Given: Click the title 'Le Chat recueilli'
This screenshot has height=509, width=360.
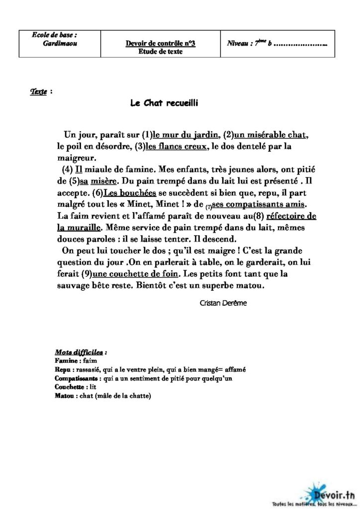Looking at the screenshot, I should pyautogui.click(x=165, y=103).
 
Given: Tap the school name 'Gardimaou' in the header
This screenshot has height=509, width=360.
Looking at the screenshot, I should pyautogui.click(x=60, y=43).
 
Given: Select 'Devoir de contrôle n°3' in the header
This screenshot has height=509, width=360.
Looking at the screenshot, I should pyautogui.click(x=160, y=44).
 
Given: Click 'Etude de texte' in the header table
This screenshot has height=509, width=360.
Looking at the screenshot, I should pyautogui.click(x=160, y=52).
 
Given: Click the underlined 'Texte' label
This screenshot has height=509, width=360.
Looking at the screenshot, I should pyautogui.click(x=38, y=92).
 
